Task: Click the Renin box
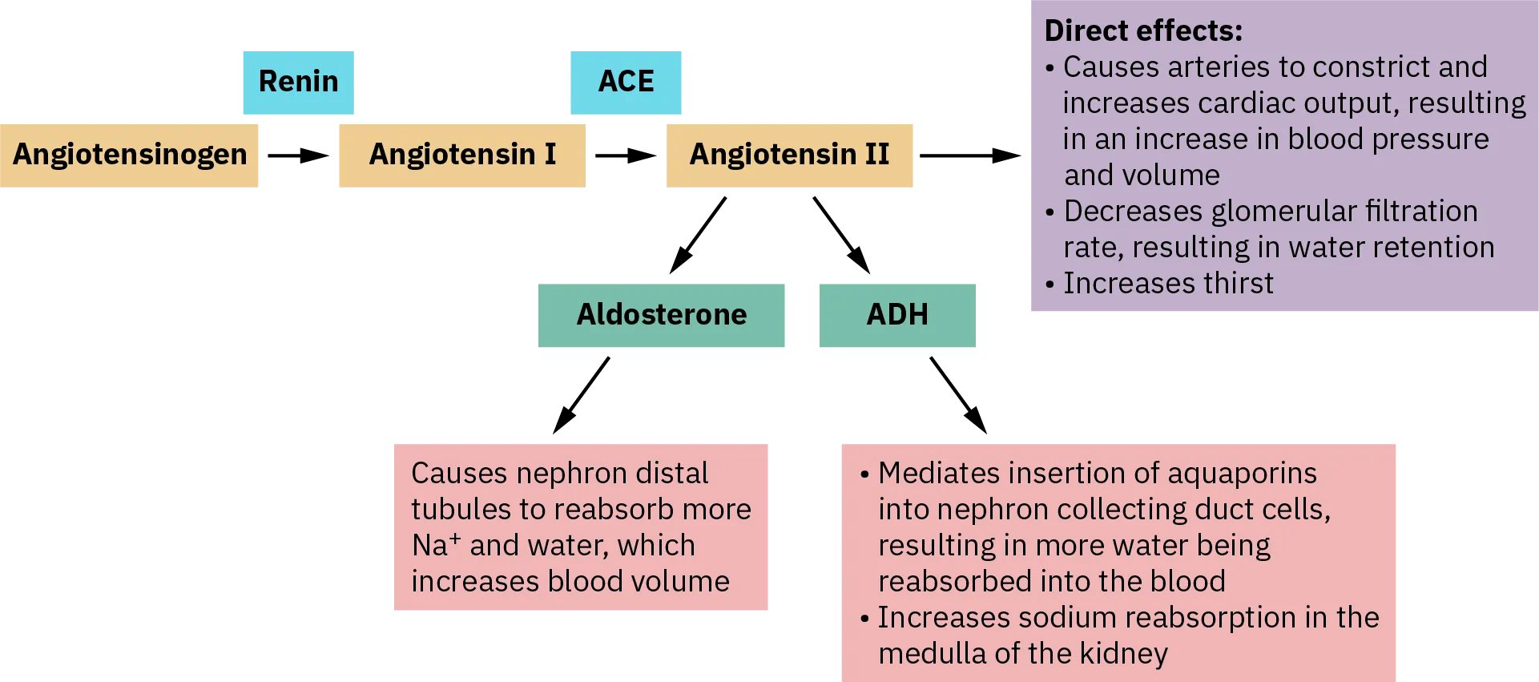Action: click(x=298, y=83)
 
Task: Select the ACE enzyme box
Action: click(x=627, y=83)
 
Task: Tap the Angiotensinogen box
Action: click(x=131, y=155)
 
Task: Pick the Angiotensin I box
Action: click(x=461, y=155)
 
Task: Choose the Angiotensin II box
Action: click(x=790, y=155)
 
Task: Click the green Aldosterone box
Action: click(x=662, y=316)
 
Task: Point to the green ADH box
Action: click(x=896, y=316)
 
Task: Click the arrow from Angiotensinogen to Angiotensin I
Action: click(x=298, y=156)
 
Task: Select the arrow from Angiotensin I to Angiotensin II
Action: click(x=626, y=156)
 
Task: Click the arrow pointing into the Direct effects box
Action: click(x=971, y=156)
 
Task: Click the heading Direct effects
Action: click(x=1143, y=31)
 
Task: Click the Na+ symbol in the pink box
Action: click(x=436, y=545)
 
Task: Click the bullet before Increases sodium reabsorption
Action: click(x=864, y=619)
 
